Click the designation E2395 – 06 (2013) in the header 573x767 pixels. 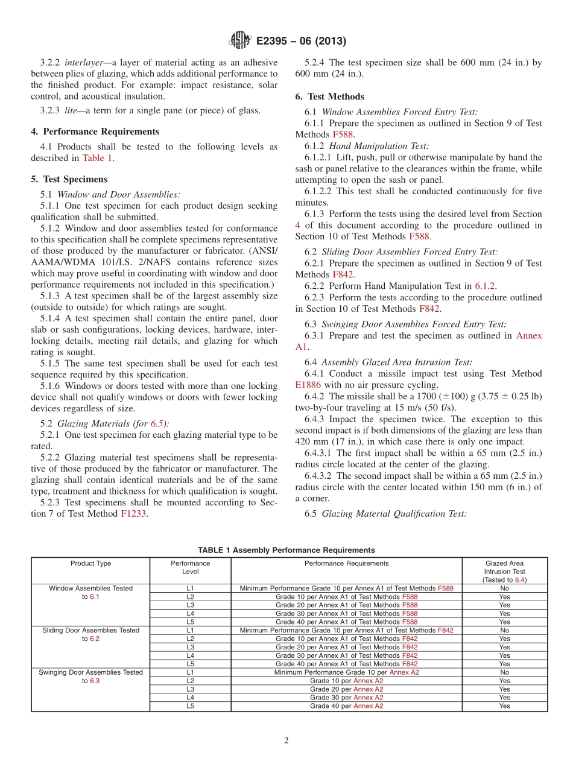pos(300,42)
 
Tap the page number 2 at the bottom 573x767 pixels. pos(286,740)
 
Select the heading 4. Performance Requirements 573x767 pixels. pos(95,131)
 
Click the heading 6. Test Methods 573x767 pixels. pos(330,96)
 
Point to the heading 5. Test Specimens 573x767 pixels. pos(69,179)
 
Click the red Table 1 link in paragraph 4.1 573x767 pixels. pos(97,158)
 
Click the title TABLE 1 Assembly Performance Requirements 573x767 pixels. pos(286,550)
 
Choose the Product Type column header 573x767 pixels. pos(90,563)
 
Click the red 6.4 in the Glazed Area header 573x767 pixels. pos(521,580)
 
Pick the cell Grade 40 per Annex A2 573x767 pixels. pos(346,706)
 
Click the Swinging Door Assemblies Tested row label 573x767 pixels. pos(90,672)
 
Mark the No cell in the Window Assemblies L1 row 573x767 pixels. pos(504,588)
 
